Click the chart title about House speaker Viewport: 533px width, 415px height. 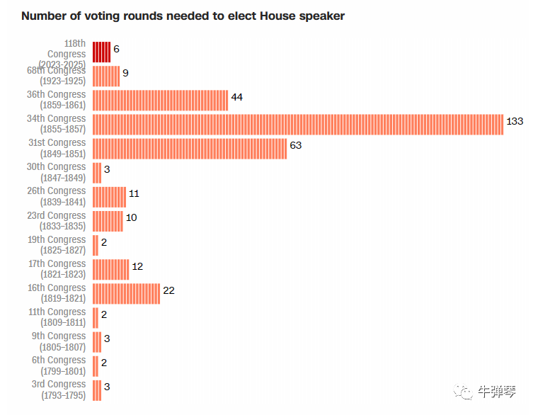183,16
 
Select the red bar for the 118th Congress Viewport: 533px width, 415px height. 101,52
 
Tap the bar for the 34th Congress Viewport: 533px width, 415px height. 297,124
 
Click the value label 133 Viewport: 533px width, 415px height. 515,122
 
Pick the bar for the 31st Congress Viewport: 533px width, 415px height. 190,148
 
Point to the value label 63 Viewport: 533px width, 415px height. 296,145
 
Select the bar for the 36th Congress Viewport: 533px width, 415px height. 160,100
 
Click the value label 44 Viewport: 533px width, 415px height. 237,97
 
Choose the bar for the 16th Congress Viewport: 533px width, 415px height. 126,293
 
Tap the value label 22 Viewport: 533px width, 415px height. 168,290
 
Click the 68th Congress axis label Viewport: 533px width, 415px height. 57,76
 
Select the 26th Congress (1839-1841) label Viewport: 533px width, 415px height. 57,196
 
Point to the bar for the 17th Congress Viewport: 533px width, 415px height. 110,269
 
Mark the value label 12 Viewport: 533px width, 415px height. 137,266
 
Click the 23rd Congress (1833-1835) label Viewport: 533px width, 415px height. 57,220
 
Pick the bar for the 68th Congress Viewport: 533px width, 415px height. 106,76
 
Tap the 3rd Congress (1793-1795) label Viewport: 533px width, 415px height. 59,390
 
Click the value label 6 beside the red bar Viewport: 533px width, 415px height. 116,49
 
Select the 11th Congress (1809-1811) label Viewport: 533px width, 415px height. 57,317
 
